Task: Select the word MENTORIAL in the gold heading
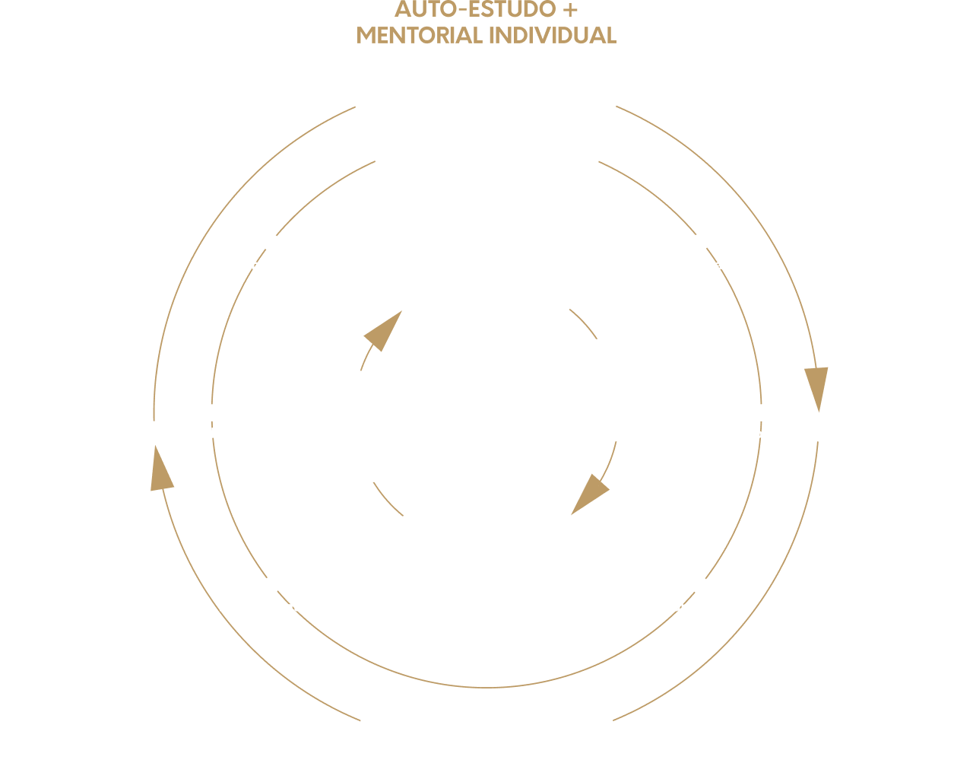click(420, 36)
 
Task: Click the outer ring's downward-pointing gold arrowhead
click(816, 386)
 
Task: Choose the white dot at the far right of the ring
click(761, 412)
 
